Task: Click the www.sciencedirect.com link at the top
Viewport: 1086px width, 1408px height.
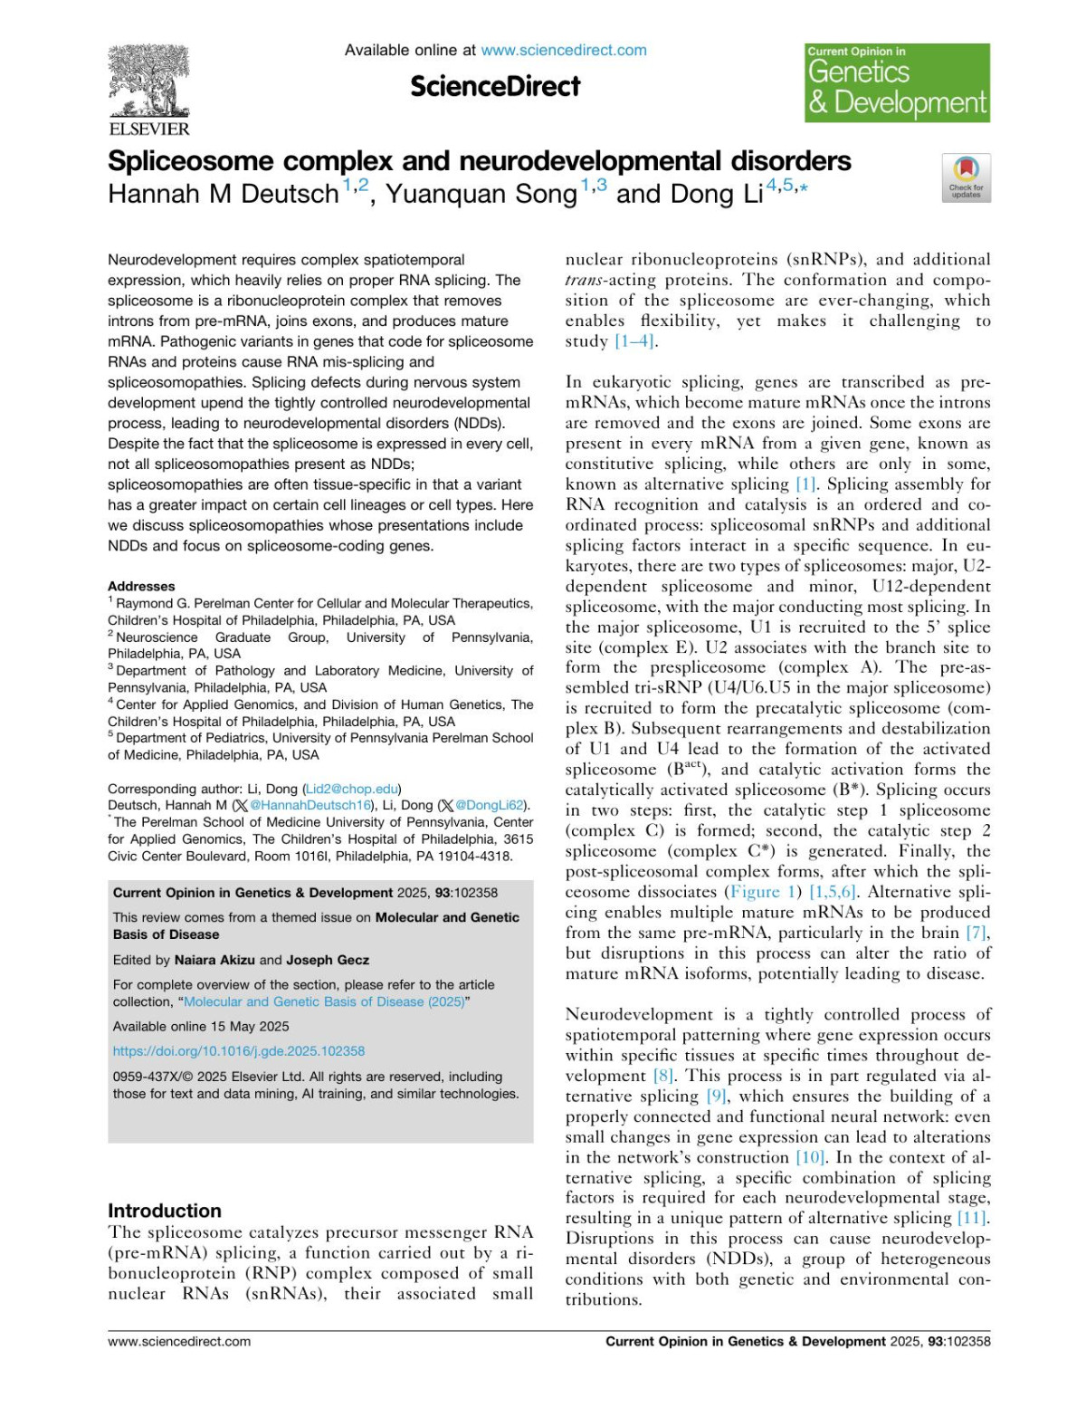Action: point(563,51)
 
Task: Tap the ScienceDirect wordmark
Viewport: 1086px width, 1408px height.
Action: point(495,87)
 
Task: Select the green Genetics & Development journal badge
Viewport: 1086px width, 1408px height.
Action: point(897,83)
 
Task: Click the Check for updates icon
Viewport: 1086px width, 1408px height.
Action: point(966,177)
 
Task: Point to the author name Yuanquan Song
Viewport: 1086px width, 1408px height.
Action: point(481,194)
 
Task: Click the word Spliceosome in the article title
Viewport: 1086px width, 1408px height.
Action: point(190,161)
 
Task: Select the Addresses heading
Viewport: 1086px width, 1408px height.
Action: point(141,587)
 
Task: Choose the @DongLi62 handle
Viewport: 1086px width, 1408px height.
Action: point(490,805)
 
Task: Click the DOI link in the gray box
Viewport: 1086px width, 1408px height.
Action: point(239,1051)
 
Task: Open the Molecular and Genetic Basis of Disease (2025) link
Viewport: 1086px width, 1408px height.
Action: point(324,1001)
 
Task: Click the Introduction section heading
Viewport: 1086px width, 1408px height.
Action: point(165,1211)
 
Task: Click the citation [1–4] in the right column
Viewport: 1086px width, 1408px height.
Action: point(635,341)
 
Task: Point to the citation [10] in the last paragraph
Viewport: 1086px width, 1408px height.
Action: point(810,1157)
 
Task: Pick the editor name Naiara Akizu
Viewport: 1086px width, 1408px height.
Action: point(214,960)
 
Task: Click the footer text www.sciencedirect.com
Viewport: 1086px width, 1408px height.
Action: point(179,1341)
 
